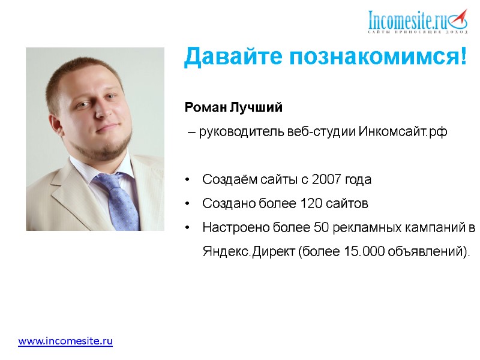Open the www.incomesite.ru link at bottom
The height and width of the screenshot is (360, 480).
[65, 341]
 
